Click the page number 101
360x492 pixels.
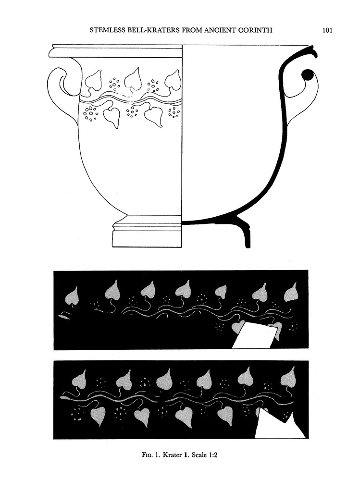point(327,30)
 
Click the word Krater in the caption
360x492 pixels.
point(172,455)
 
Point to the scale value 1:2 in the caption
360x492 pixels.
point(212,455)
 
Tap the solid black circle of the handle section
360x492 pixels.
point(307,75)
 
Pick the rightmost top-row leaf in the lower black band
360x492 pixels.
point(288,378)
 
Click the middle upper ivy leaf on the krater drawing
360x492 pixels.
point(133,79)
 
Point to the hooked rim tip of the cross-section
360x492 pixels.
point(312,52)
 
